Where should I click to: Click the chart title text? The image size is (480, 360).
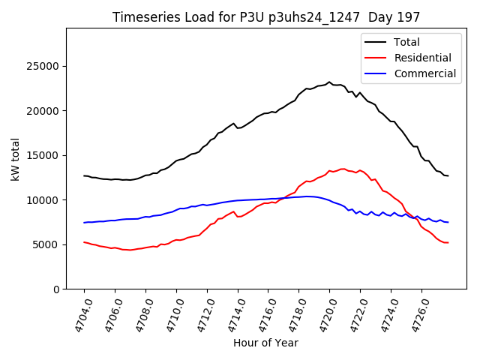[x=266, y=16]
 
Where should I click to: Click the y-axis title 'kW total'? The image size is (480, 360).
[x=16, y=158]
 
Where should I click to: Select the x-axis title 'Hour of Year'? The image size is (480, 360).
[x=265, y=343]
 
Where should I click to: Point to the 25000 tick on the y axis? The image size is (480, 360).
[x=45, y=66]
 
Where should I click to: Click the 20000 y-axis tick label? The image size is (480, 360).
[x=45, y=111]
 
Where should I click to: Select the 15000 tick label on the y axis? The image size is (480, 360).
[x=45, y=155]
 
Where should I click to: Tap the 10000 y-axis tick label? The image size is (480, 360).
[x=45, y=200]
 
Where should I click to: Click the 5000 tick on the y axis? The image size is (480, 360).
[x=48, y=244]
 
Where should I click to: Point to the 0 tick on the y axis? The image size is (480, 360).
[x=57, y=289]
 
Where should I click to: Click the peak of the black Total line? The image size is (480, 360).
[x=328, y=82]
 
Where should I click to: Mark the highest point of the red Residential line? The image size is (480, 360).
[x=343, y=169]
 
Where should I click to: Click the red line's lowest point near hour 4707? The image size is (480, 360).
[x=130, y=250]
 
